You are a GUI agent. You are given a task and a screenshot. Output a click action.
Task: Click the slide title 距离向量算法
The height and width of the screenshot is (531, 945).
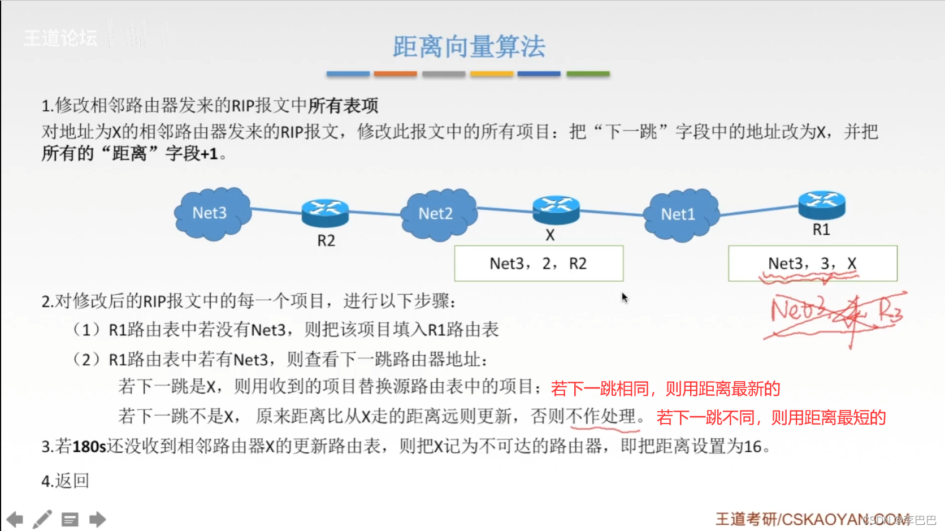point(469,46)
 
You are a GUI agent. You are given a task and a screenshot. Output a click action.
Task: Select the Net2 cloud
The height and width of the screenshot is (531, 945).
point(437,214)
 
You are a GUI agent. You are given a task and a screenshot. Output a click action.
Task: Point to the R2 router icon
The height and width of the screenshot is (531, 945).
point(325,213)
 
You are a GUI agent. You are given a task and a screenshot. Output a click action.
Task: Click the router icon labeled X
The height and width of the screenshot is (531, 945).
point(556,209)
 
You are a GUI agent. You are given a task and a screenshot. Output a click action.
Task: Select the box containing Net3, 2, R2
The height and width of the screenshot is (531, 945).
point(539,264)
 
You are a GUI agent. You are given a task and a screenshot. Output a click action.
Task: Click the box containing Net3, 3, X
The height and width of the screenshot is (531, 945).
point(812,264)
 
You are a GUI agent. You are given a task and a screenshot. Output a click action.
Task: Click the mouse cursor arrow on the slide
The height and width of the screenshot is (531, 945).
point(624,297)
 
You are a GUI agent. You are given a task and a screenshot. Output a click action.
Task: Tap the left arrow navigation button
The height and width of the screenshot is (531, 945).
point(15,519)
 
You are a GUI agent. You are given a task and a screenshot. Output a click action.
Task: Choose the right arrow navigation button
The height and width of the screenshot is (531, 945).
point(97,519)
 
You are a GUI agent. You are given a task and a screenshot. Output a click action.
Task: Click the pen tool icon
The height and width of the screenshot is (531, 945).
point(42,519)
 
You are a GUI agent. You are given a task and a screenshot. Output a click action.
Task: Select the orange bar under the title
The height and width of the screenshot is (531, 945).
point(395,74)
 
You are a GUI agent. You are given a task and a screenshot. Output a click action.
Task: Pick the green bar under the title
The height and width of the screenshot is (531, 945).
point(588,74)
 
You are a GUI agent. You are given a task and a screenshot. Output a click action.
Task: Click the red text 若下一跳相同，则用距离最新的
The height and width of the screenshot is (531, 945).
point(665,388)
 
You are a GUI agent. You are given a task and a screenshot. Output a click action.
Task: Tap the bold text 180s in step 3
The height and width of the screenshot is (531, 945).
point(89,447)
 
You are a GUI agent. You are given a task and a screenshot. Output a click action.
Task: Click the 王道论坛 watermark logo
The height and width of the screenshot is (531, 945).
point(60,38)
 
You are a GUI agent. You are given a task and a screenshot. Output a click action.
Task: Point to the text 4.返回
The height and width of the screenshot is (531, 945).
point(65,481)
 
